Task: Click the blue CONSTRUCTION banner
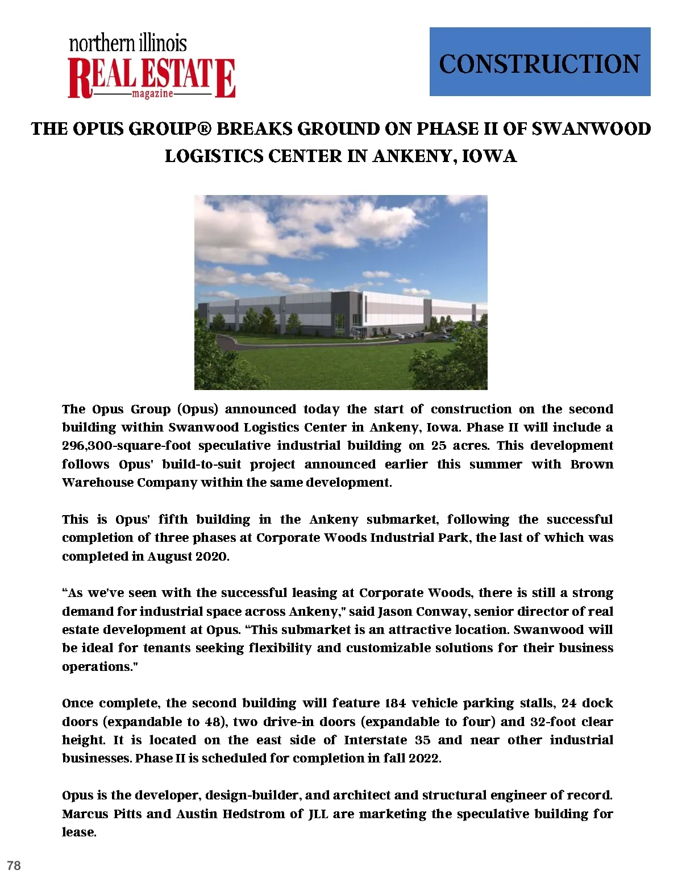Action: (539, 61)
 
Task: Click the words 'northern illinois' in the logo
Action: (128, 43)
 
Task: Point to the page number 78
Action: (14, 865)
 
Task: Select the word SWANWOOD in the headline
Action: (591, 129)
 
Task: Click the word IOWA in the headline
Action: (489, 156)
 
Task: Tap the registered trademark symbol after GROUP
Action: (204, 129)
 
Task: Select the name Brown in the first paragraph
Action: (592, 464)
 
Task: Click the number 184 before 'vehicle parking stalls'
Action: (395, 703)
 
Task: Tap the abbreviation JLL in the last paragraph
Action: (318, 814)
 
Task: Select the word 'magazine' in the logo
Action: (152, 94)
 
